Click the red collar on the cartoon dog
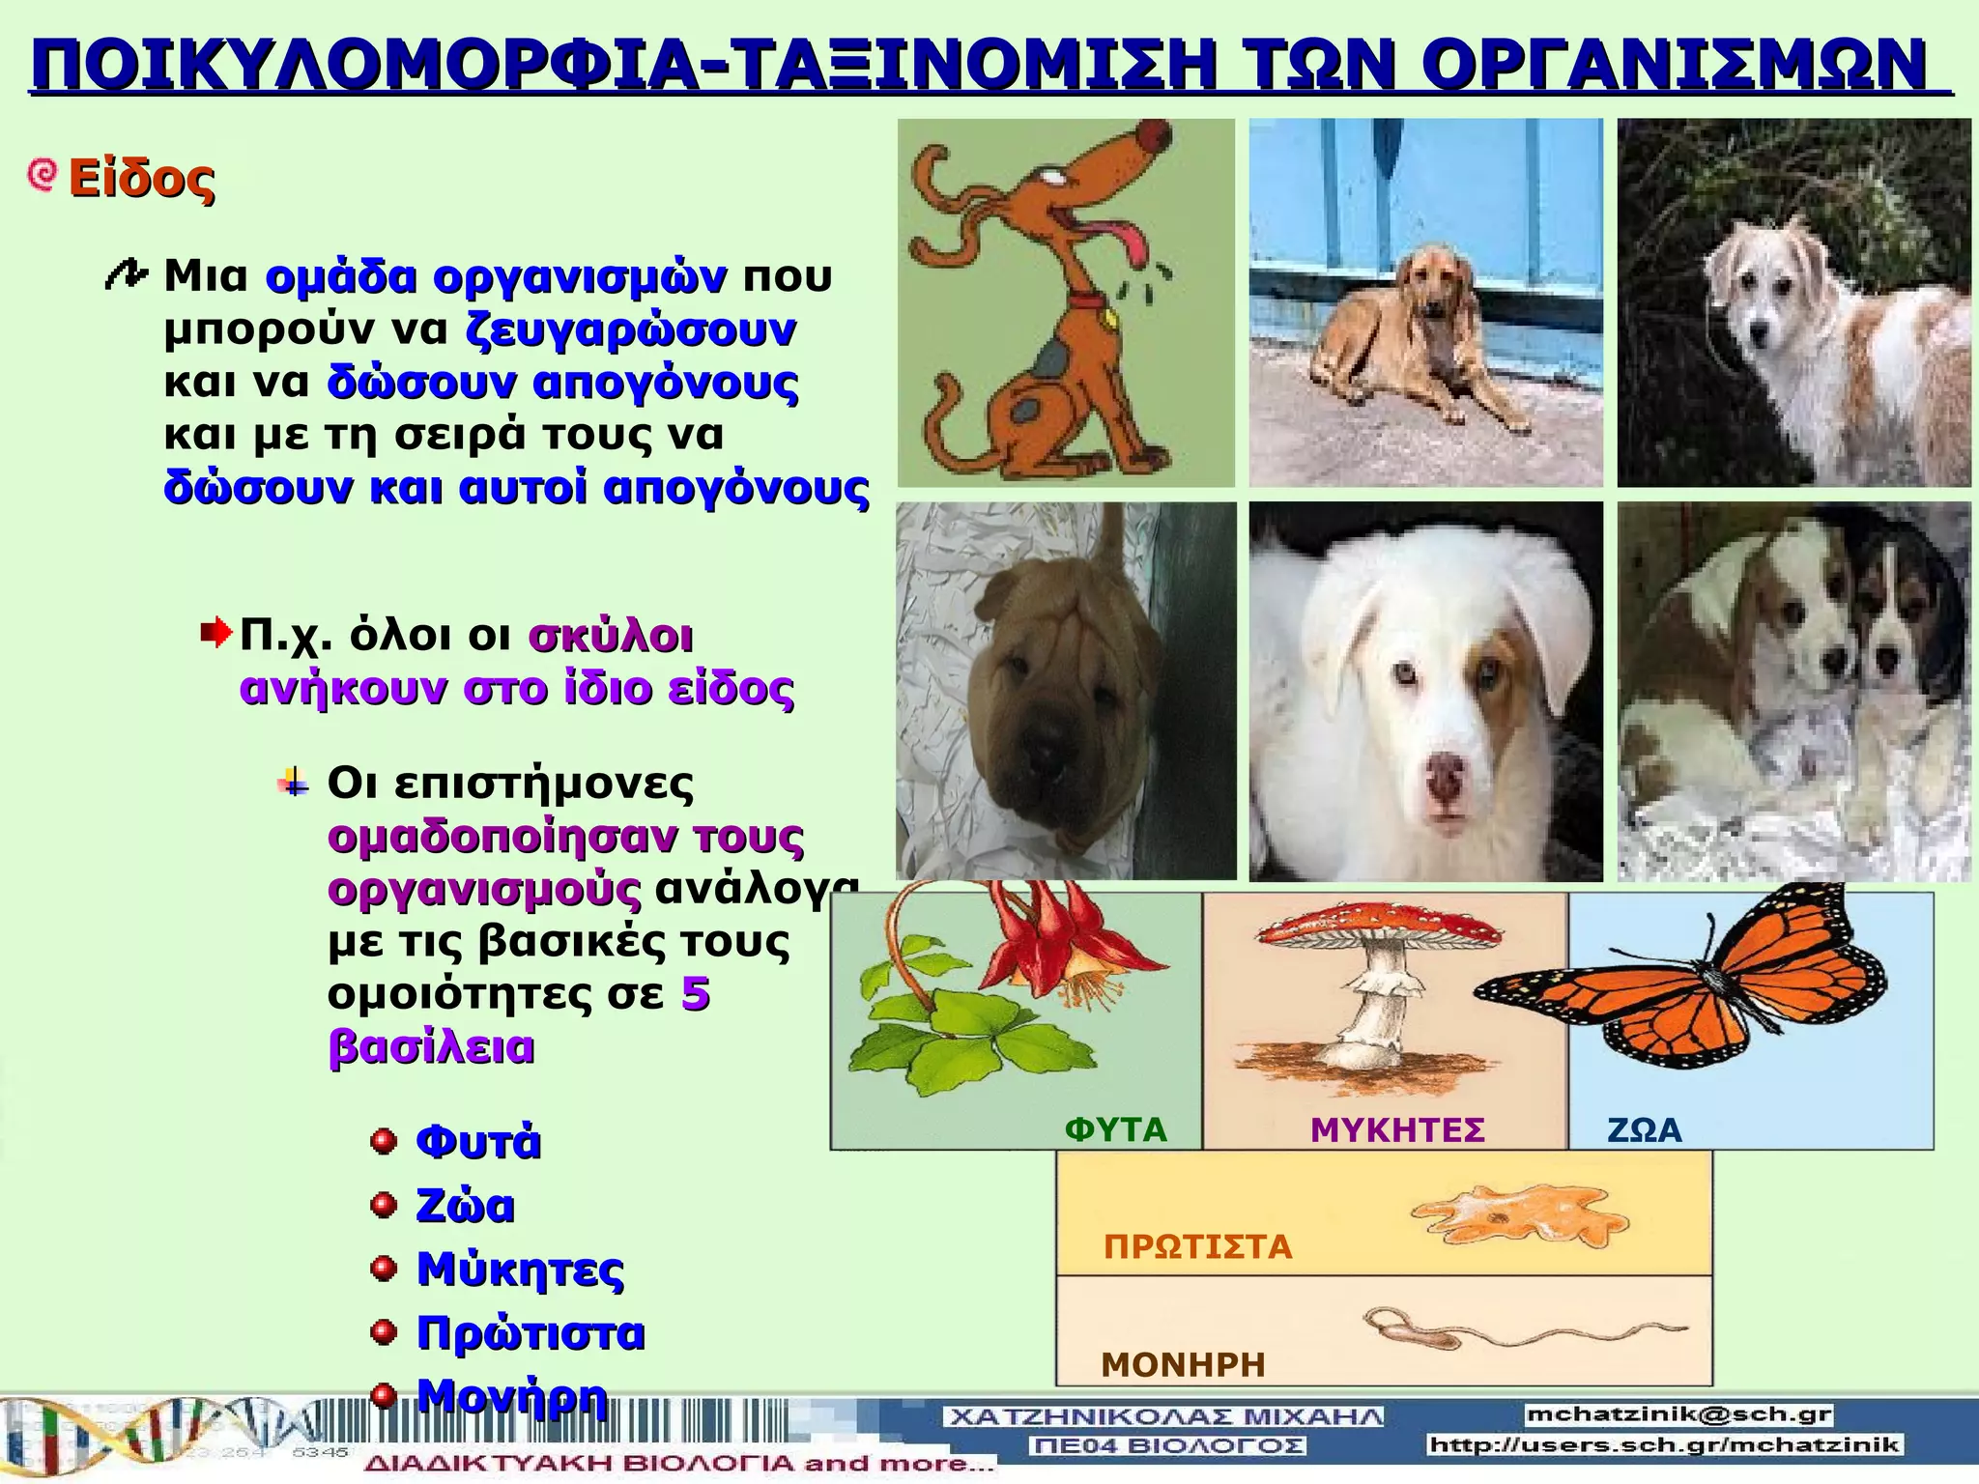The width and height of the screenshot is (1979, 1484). (x=1086, y=301)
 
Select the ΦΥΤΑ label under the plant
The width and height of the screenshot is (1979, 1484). (x=1115, y=1129)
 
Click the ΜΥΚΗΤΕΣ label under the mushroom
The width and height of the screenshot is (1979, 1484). (x=1397, y=1129)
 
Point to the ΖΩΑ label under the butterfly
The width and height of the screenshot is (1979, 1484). (x=1644, y=1129)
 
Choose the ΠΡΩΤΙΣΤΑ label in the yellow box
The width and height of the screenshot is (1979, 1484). (x=1197, y=1246)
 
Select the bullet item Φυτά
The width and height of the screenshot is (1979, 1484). (x=477, y=1142)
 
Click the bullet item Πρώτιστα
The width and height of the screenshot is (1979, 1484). (x=530, y=1333)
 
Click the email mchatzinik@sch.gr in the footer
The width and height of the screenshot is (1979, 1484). (x=1679, y=1415)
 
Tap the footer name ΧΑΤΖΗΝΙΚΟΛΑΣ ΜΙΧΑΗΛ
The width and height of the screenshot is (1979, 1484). (x=1163, y=1417)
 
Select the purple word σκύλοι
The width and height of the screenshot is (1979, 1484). (x=611, y=637)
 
